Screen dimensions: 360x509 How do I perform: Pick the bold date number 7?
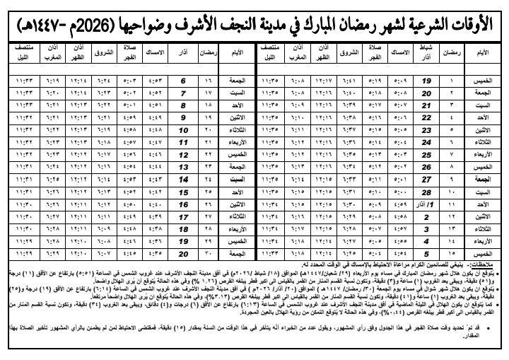[183, 91]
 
